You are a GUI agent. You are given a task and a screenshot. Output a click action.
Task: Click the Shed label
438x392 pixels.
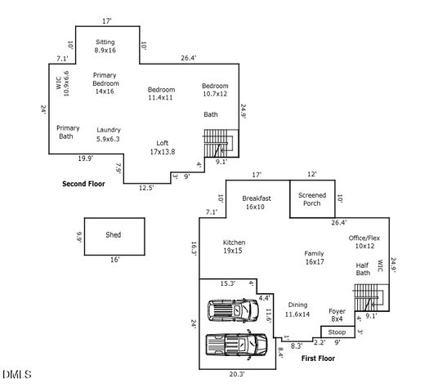113,235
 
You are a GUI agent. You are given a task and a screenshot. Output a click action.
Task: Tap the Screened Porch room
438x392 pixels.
312,199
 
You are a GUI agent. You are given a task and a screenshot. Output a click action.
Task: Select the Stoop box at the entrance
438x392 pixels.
337,332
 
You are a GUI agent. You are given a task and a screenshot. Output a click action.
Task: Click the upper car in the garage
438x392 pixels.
234,311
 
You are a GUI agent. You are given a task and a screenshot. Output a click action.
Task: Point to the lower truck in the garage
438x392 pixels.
235,345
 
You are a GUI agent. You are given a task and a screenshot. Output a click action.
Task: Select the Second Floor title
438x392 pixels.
84,185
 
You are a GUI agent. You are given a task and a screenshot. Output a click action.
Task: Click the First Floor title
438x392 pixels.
319,359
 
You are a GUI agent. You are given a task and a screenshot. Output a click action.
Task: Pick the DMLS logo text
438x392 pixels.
17,375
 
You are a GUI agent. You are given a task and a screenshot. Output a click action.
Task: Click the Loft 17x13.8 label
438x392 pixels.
163,148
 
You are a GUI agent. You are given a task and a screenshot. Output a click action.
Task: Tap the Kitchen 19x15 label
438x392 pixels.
234,247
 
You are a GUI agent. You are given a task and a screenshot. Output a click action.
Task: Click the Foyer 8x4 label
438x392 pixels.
337,314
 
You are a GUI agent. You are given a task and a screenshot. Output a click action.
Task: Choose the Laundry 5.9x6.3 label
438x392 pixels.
108,134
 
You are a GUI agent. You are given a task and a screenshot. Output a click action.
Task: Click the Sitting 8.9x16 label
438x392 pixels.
105,46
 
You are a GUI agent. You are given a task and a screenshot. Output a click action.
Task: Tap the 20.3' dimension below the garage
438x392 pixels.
238,374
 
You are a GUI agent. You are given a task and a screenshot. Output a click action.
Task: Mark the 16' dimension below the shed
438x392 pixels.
114,260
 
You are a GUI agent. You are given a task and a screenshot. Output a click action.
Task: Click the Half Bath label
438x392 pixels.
362,269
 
